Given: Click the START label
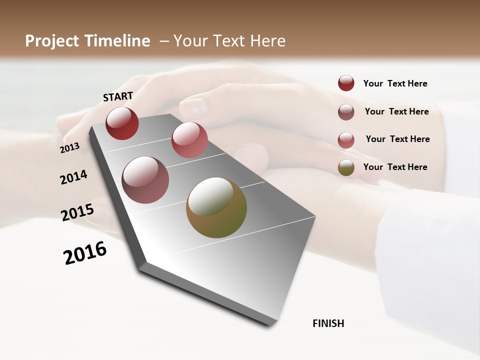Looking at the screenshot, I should coord(118,96).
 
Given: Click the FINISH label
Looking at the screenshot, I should coord(328,323).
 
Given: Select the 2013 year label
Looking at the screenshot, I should coord(70,148).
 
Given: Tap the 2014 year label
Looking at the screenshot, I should coord(74,177).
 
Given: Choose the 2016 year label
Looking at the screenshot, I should coord(85,253).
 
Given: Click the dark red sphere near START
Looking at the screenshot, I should coord(122,123).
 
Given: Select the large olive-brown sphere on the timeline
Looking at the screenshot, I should coord(216,207).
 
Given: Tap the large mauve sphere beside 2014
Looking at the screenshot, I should coord(145,180).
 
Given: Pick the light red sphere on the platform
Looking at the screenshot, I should coord(189,140).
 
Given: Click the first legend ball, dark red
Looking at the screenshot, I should coord(346,83).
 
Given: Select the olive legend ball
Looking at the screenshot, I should coord(346,167).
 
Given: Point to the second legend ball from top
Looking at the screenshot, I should coord(346,112).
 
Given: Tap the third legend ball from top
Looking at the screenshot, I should coord(346,140).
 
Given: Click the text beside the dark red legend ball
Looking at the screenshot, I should coord(395,83).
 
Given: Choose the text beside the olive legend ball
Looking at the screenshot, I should coord(395,167).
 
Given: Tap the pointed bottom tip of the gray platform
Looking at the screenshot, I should coord(270,323).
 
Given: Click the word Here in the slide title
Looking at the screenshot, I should coord(267,41).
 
